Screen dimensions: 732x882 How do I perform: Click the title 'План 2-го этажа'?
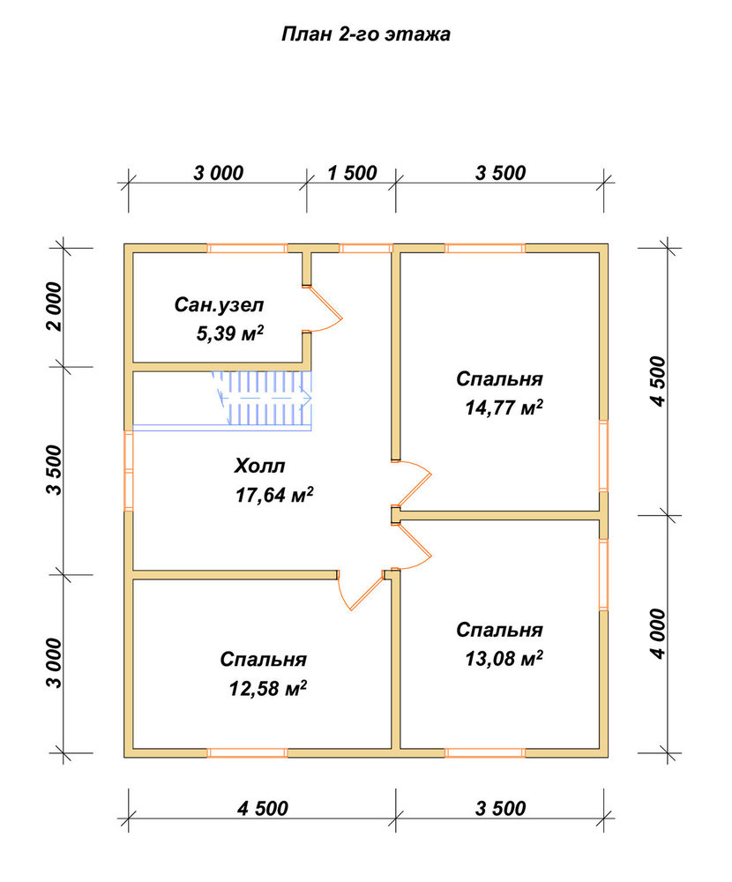tap(366, 35)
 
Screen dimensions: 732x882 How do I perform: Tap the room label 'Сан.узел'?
tap(219, 305)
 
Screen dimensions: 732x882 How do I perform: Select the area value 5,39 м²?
tap(229, 333)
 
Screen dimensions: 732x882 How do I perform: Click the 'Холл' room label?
tap(259, 466)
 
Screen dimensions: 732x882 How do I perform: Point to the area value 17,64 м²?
tap(274, 495)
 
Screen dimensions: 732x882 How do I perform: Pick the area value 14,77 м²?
tap(504, 407)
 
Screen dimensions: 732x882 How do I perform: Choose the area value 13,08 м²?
tap(504, 658)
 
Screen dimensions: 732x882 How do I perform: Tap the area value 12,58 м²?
tap(268, 687)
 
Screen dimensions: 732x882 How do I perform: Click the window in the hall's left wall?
tap(128, 470)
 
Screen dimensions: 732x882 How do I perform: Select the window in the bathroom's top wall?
tap(247, 248)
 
